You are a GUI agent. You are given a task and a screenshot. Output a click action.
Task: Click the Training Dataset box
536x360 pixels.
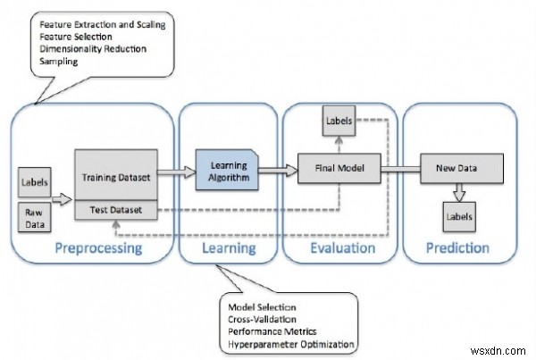coord(115,176)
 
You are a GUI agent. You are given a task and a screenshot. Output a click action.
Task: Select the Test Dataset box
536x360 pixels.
coord(115,210)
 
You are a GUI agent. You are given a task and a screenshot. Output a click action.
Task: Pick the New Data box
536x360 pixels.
coord(454,167)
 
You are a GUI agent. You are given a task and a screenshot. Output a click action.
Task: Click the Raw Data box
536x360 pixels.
coord(33,217)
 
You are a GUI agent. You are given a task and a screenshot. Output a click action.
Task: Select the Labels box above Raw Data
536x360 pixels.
coord(33,185)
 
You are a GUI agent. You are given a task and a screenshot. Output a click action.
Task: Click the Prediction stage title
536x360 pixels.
coord(456,247)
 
